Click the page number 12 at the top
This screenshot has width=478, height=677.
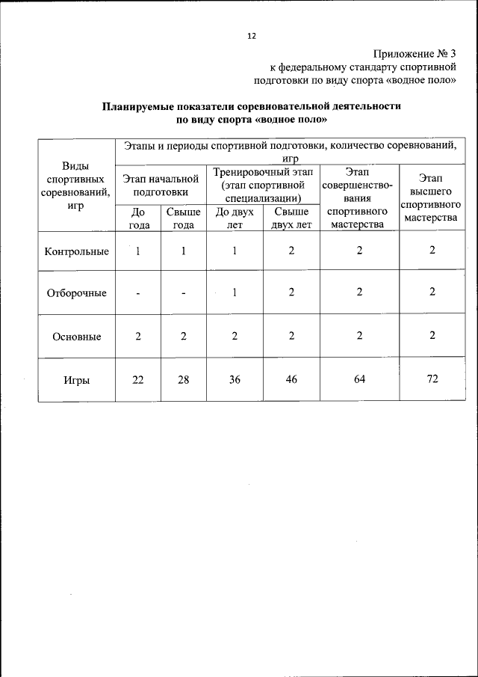point(252,35)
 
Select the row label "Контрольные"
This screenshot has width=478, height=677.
point(76,251)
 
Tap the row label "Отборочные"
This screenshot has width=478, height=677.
point(76,293)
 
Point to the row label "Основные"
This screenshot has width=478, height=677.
point(76,336)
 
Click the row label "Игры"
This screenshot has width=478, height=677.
point(76,380)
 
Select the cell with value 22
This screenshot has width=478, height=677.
point(138,380)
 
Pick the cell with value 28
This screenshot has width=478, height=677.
point(184,380)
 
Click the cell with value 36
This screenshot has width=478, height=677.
point(235,380)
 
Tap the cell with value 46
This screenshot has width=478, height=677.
point(291,380)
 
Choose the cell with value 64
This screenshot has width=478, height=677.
point(359,380)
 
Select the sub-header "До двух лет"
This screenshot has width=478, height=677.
point(235,218)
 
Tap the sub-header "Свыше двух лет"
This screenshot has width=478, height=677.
point(291,218)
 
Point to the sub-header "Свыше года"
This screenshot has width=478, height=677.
point(184,218)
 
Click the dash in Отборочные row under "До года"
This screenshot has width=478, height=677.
point(138,294)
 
